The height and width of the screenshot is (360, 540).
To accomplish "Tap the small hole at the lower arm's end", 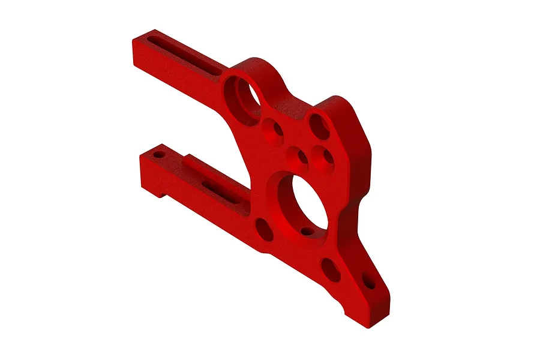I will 159,155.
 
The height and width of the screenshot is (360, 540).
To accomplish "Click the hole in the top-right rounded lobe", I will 319,127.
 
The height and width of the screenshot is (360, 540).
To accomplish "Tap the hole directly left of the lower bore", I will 264,229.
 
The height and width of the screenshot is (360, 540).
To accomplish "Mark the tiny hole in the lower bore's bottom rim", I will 307,230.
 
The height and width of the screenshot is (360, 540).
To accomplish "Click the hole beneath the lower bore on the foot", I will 330,269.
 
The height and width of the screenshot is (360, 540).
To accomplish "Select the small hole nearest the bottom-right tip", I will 369,281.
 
